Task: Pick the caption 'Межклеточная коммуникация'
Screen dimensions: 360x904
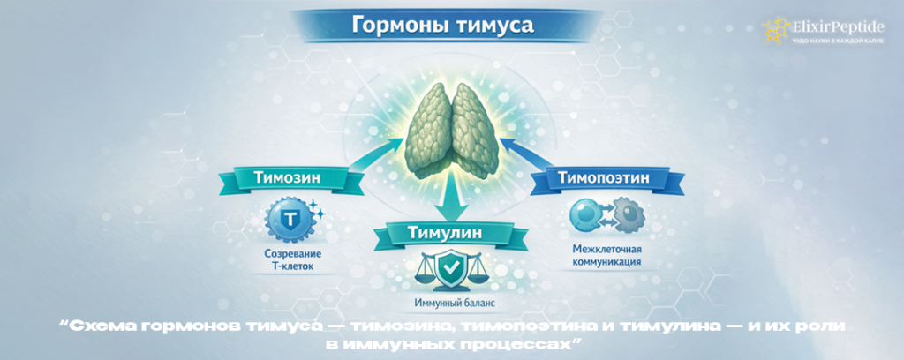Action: [x=602, y=255]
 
